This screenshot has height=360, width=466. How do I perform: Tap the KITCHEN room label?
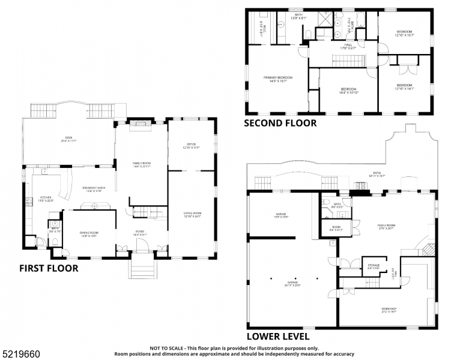pyautogui.click(x=46, y=198)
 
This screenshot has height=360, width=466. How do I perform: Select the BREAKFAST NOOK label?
pyautogui.click(x=93, y=189)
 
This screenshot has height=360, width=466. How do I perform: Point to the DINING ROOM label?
pyautogui.click(x=88, y=233)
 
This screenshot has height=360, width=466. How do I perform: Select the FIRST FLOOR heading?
pyautogui.click(x=48, y=268)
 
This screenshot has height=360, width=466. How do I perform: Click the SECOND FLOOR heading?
pyautogui.click(x=280, y=123)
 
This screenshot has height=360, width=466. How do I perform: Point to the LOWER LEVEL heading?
pyautogui.click(x=278, y=337)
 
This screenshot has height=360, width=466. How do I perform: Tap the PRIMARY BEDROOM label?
pyautogui.click(x=278, y=79)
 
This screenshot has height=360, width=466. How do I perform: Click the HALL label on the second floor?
pyautogui.click(x=348, y=46)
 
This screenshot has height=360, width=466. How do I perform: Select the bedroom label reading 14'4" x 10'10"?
pyautogui.click(x=348, y=91)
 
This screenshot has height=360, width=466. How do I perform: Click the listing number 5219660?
pyautogui.click(x=17, y=347)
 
